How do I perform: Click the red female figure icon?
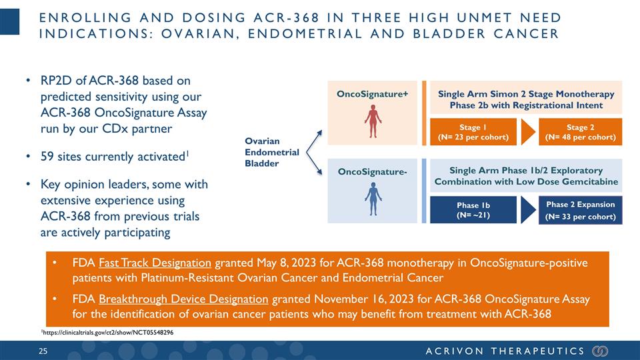pyautogui.click(x=373, y=119)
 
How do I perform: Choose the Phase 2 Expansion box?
pyautogui.click(x=580, y=210)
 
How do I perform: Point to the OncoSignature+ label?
pyautogui.click(x=372, y=94)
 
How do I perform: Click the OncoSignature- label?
pyautogui.click(x=371, y=173)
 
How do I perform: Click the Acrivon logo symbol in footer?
pyautogui.click(x=601, y=351)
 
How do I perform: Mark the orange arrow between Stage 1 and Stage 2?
pyautogui.click(x=527, y=132)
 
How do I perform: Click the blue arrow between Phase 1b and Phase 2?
pyautogui.click(x=527, y=210)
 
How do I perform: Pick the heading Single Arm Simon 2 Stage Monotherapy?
pyautogui.click(x=526, y=94)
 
